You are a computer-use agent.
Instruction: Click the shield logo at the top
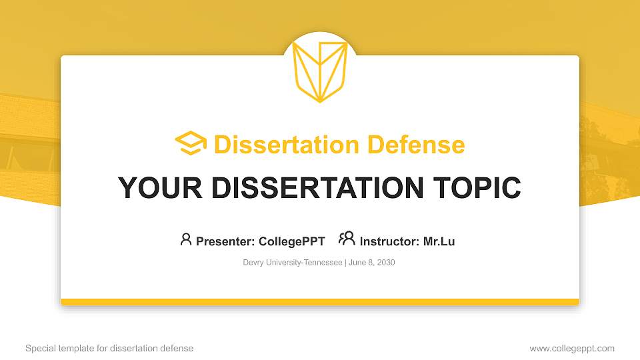pyautogui.click(x=320, y=70)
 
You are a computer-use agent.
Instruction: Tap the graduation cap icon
pyautogui.click(x=191, y=143)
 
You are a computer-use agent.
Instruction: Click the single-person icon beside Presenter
pyautogui.click(x=186, y=239)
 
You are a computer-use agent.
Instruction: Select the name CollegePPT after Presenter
pyautogui.click(x=291, y=241)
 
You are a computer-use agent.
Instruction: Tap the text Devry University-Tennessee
pyautogui.click(x=292, y=263)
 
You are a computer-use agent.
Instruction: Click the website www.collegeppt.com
pyautogui.click(x=572, y=349)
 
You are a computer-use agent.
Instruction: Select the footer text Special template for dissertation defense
pyautogui.click(x=109, y=349)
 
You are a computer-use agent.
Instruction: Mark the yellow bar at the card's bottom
pyautogui.click(x=320, y=302)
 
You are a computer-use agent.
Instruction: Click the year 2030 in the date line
pyautogui.click(x=385, y=263)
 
